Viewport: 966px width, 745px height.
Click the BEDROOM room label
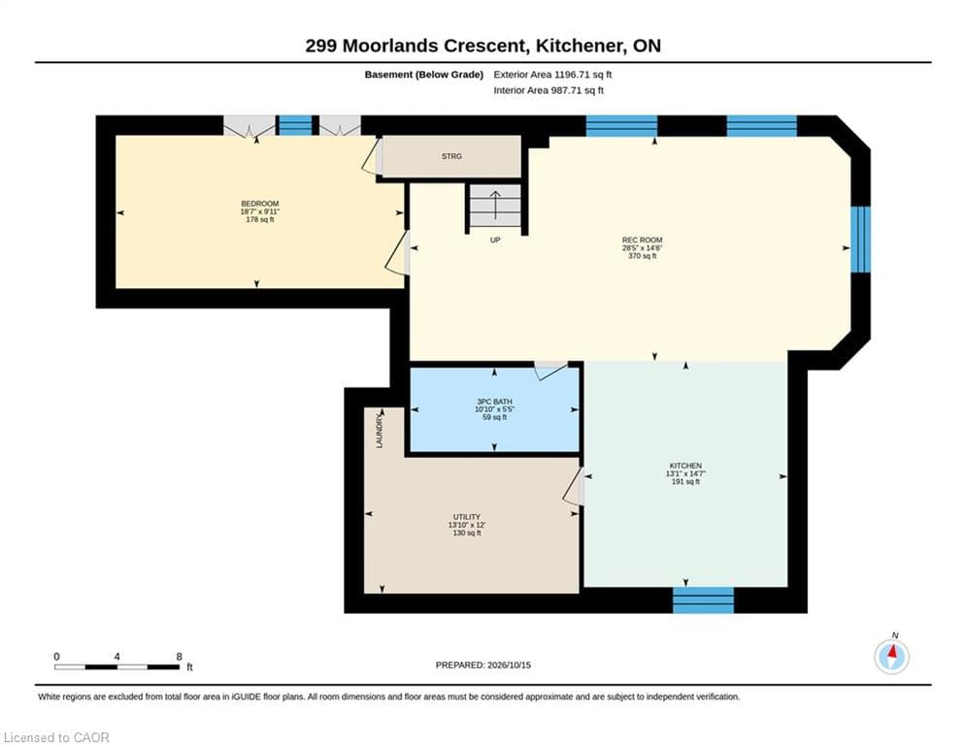pyautogui.click(x=259, y=204)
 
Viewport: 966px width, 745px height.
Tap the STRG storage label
pyautogui.click(x=451, y=156)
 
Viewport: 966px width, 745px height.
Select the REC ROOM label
pyautogui.click(x=642, y=241)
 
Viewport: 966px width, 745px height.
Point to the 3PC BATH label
pyautogui.click(x=494, y=402)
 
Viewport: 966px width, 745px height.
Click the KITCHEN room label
pyautogui.click(x=685, y=466)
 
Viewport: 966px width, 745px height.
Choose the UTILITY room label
pyautogui.click(x=466, y=517)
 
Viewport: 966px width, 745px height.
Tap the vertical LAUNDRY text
pyautogui.click(x=380, y=431)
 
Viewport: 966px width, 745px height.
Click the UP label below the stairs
pyautogui.click(x=495, y=241)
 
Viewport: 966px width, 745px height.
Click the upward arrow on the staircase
pyautogui.click(x=495, y=205)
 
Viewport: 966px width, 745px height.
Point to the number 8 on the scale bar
pyautogui.click(x=180, y=657)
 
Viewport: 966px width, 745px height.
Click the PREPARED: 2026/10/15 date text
pyautogui.click(x=483, y=664)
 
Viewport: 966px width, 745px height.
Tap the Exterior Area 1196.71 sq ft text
pyautogui.click(x=552, y=75)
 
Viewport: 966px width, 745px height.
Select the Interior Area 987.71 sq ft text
pyautogui.click(x=549, y=90)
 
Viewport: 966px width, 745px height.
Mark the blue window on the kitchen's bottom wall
pyautogui.click(x=703, y=600)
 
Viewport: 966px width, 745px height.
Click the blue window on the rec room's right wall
pyautogui.click(x=860, y=239)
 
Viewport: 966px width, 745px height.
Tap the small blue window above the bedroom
pyautogui.click(x=296, y=125)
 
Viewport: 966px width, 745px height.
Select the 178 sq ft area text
pyautogui.click(x=259, y=220)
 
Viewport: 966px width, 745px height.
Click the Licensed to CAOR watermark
pyautogui.click(x=56, y=737)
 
